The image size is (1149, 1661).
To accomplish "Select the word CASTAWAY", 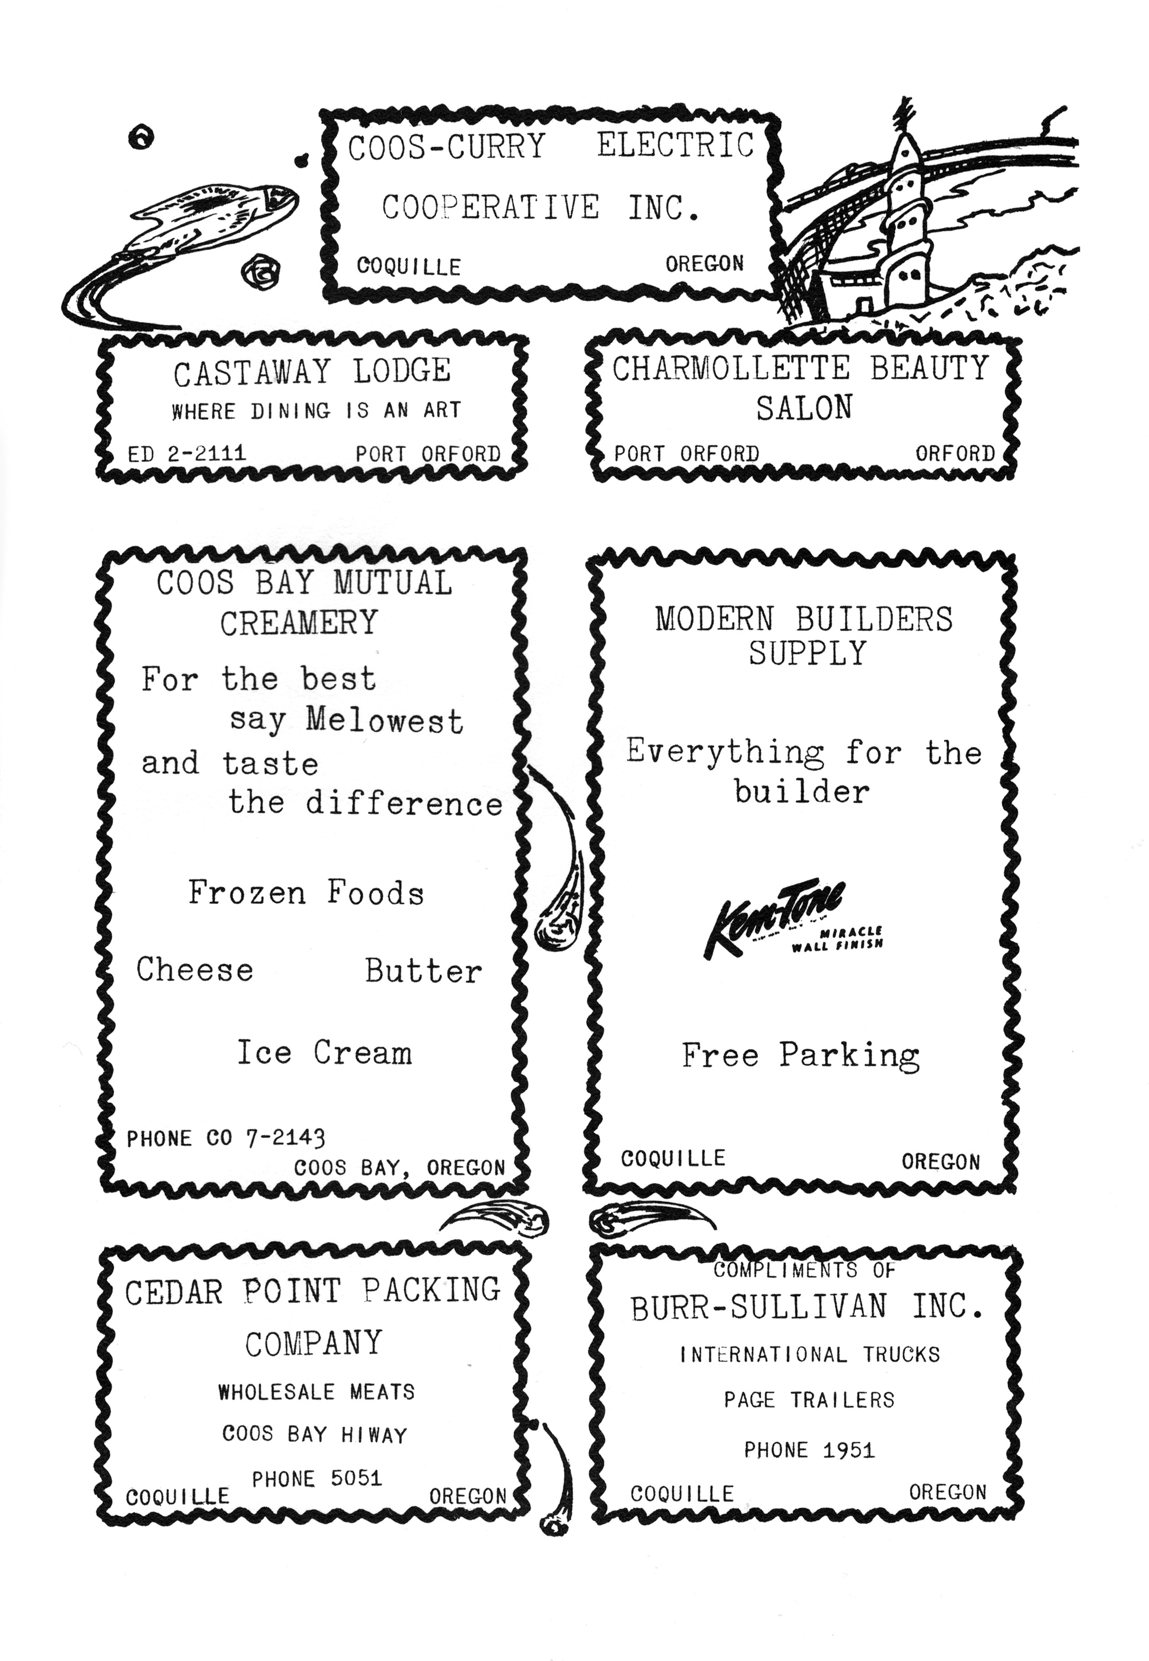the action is click(251, 372).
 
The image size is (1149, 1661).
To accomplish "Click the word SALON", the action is click(804, 408).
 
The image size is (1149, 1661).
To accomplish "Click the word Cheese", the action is click(195, 969).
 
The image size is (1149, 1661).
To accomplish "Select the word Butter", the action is click(423, 971).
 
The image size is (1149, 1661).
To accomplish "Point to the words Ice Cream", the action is click(325, 1053).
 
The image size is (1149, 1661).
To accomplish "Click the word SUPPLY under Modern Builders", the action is click(807, 653).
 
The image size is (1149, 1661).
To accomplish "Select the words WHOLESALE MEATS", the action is click(317, 1392).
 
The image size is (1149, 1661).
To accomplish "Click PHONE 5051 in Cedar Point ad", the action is click(317, 1478).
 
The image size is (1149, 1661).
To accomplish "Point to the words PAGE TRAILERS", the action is click(809, 1400).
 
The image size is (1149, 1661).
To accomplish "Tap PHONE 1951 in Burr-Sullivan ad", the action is click(809, 1450).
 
